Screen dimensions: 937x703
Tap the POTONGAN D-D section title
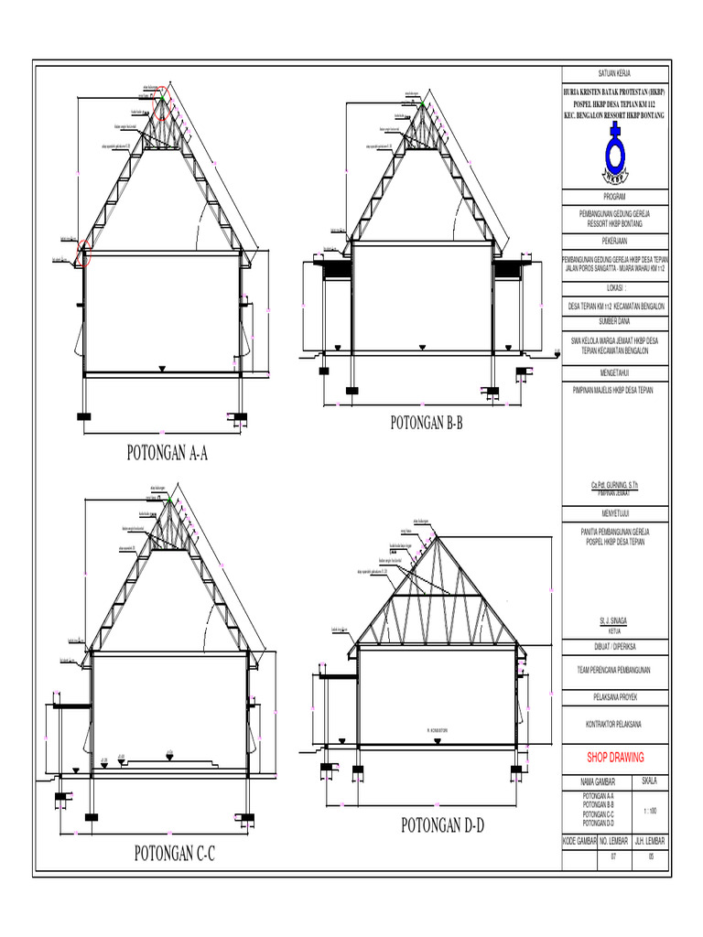click(442, 826)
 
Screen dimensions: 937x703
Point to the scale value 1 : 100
click(649, 812)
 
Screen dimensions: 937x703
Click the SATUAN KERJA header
click(614, 73)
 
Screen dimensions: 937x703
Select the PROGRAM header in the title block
click(614, 197)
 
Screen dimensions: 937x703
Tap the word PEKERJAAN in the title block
click(614, 240)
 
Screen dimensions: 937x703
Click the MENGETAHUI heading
click(614, 372)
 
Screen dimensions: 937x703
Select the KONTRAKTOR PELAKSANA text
click(614, 725)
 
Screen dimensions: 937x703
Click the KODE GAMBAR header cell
click(579, 840)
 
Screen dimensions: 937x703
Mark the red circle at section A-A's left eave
click(84, 253)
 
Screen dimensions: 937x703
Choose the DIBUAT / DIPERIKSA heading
click(614, 645)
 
